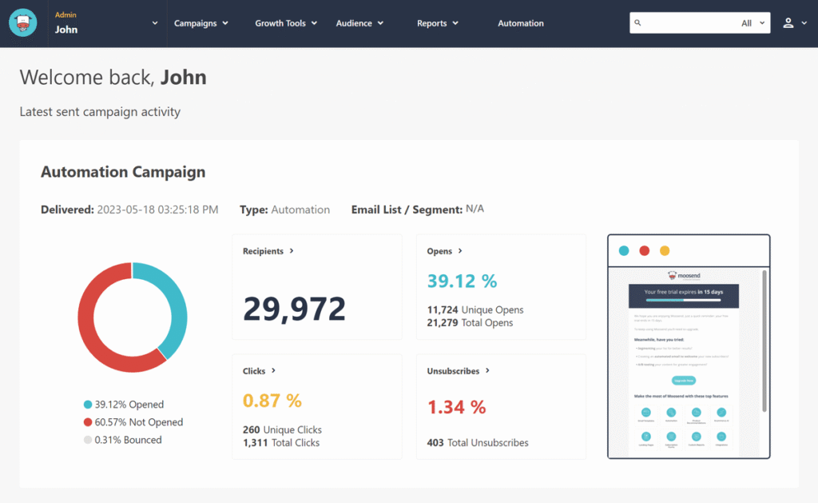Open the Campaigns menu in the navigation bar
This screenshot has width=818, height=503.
coord(201,23)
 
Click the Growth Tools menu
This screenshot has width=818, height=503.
coord(285,23)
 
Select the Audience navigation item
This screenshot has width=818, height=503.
coord(359,23)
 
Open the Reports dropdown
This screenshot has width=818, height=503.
coord(437,23)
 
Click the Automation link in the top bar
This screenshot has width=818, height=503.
coord(521,23)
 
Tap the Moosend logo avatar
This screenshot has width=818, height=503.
coord(23,22)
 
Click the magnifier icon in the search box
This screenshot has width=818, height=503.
coord(637,23)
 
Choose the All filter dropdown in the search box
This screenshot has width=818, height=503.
coord(752,23)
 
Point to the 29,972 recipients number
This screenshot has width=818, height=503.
coord(294,309)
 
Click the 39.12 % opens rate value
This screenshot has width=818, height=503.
coord(462,281)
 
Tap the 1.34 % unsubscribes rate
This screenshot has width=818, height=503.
coord(456,407)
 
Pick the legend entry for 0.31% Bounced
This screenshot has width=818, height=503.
coord(128,440)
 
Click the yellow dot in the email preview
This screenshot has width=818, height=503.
coord(665,251)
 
